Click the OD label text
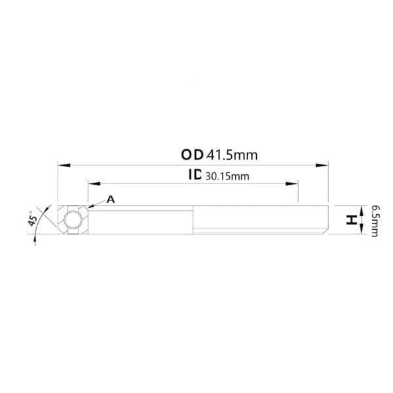tap(192, 155)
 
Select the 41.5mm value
tap(232, 155)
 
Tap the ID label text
tap(195, 174)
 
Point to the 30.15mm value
tap(227, 176)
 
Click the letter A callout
tap(111, 200)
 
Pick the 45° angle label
tap(33, 218)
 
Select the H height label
tap(351, 220)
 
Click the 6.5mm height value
tap(375, 221)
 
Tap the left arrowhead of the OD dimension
tap(64, 165)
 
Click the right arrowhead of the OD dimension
tap(322, 165)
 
